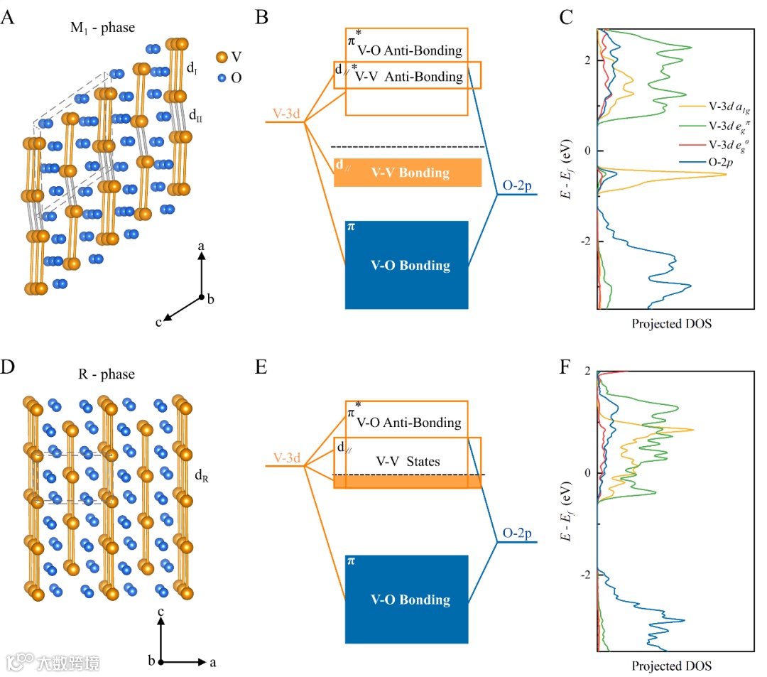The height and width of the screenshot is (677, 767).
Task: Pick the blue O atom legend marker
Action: [x=222, y=77]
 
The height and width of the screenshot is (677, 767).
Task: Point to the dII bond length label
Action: [x=195, y=114]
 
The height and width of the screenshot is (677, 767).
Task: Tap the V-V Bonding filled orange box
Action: [x=408, y=173]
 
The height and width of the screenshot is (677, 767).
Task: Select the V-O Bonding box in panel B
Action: [x=406, y=265]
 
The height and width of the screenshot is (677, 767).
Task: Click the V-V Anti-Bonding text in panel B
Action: [x=409, y=77]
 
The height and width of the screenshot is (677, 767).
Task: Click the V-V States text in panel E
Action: [x=408, y=462]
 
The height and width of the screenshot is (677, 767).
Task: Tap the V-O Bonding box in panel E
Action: [x=406, y=599]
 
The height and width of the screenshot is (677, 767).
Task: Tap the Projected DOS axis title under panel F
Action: [x=671, y=666]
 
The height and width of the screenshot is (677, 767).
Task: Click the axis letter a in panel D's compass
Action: [x=212, y=662]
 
